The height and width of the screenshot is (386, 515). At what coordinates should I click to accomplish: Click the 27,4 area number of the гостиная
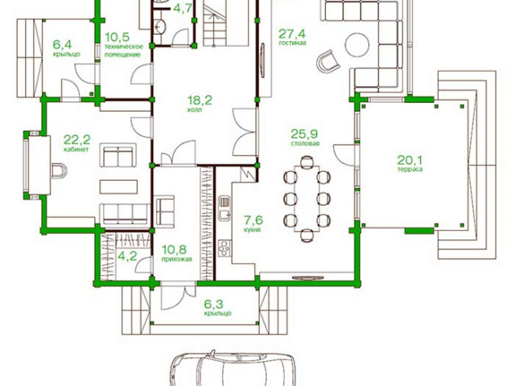tap(292, 34)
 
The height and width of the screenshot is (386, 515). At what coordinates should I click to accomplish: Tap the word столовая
tap(305, 143)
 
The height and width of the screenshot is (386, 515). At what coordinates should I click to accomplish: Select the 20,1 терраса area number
tap(410, 160)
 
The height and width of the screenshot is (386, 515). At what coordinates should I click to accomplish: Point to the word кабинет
tap(76, 150)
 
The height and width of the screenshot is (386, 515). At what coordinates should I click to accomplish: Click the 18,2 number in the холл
tap(200, 100)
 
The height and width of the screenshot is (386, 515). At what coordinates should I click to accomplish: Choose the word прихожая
tap(176, 259)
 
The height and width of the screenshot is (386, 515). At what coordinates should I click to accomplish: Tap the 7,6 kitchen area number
tap(253, 220)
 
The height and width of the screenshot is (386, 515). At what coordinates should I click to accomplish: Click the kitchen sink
tap(225, 208)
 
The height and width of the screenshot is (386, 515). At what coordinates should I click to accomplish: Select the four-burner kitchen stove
tap(225, 248)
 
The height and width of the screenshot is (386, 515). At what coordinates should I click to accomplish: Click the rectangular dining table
tap(307, 199)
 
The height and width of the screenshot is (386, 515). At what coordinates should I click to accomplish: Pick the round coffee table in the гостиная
tap(357, 45)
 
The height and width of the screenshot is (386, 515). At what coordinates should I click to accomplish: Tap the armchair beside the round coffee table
tap(328, 61)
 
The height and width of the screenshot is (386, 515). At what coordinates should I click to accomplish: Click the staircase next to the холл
tap(215, 23)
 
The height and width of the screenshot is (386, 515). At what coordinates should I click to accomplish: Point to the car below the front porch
tap(233, 368)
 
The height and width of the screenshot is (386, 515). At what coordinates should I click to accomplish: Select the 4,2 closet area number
tap(127, 256)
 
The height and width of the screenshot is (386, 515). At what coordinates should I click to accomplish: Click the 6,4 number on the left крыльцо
tap(63, 44)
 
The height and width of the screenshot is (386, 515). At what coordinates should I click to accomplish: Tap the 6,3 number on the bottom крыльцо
tap(213, 304)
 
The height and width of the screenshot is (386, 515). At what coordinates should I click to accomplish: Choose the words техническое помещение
tap(124, 51)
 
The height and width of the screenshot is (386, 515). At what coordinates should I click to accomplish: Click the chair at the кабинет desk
tap(59, 170)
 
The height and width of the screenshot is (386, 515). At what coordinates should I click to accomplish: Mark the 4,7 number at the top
tap(182, 8)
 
